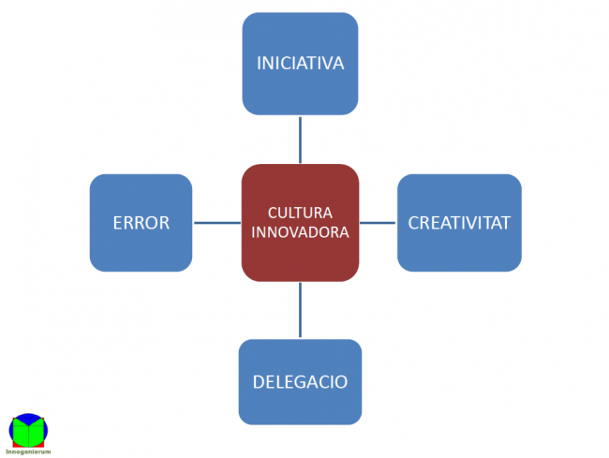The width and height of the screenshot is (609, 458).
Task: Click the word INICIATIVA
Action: click(300, 64)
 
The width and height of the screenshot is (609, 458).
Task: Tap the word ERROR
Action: click(141, 223)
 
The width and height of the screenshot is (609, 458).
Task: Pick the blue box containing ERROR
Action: click(141, 248)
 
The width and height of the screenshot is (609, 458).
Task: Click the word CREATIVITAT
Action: click(459, 223)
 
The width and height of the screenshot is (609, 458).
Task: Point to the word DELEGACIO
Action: click(300, 382)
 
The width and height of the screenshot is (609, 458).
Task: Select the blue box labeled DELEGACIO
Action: click(300, 407)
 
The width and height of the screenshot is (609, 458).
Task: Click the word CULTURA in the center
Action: click(300, 213)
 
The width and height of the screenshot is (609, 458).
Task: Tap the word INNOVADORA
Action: click(300, 231)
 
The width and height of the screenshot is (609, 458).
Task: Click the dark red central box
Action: click(300, 258)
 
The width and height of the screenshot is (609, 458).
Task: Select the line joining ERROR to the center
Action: click(216, 223)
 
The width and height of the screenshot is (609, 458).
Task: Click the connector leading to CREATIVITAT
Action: click(378, 223)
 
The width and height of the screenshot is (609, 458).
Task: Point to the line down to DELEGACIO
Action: click(300, 309)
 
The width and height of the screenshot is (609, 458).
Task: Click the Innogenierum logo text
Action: click(28, 451)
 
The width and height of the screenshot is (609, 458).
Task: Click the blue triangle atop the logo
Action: click(29, 419)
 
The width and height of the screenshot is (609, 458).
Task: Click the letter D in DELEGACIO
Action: click(258, 382)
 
